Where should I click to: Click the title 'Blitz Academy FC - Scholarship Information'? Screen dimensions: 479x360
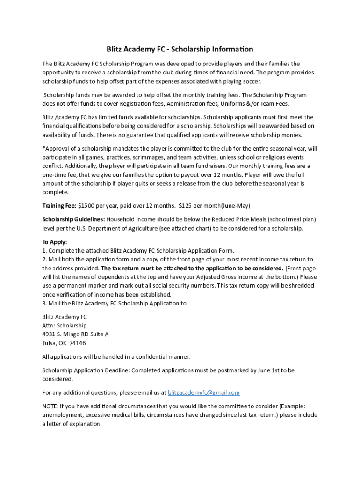pyautogui.click(x=180, y=49)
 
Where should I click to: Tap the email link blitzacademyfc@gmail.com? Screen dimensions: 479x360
pyautogui.click(x=203, y=392)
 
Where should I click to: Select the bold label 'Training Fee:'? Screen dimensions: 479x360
pyautogui.click(x=59, y=205)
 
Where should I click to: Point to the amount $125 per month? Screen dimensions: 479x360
pyautogui.click(x=187, y=205)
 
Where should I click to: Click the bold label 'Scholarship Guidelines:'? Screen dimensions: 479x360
pyautogui.click(x=73, y=219)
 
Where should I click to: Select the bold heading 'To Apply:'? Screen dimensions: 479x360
pyautogui.click(x=55, y=242)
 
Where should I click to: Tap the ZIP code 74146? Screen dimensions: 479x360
pyautogui.click(x=78, y=343)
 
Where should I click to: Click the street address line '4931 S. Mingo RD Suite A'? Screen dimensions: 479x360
pyautogui.click(x=75, y=334)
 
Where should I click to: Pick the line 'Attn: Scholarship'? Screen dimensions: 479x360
pyautogui.click(x=65, y=325)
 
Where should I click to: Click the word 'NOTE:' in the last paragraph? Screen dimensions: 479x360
pyautogui.click(x=51, y=406)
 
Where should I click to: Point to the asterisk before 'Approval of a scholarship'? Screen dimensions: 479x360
pyautogui.click(x=43, y=148)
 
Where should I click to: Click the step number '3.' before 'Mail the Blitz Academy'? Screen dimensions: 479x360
pyautogui.click(x=44, y=303)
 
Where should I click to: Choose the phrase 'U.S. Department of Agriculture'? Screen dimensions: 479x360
pyautogui.click(x=103, y=228)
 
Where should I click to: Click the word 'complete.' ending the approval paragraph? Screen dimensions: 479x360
pyautogui.click(x=55, y=192)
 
